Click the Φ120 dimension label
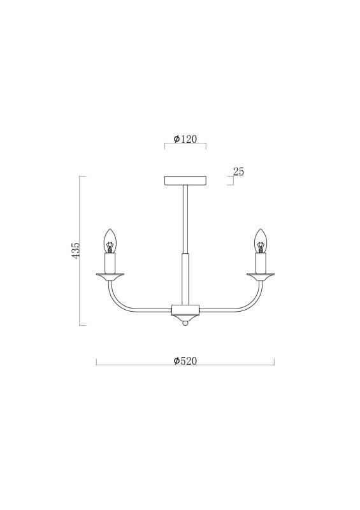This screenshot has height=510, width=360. click(185, 139)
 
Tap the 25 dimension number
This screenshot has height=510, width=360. click(238, 171)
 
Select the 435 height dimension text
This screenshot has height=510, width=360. click(75, 250)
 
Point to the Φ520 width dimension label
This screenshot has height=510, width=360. click(185, 361)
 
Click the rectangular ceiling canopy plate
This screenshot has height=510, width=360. click(185, 180)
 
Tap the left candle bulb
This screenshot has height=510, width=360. click(110, 241)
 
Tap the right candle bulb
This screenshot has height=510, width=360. click(260, 241)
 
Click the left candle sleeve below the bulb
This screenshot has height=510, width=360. click(110, 263)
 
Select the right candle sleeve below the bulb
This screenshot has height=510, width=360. click(260, 263)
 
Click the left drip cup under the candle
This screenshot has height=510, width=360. click(110, 277)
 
